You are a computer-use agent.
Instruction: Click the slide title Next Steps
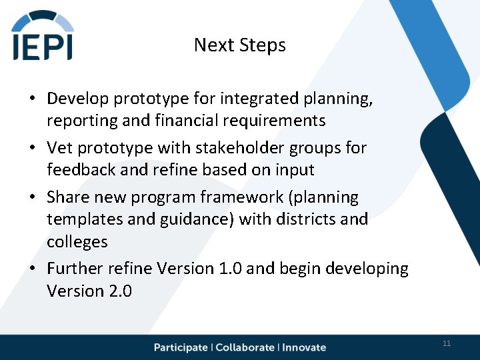(x=239, y=45)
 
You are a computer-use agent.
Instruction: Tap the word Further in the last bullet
(x=75, y=269)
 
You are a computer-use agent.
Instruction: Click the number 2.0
(x=117, y=291)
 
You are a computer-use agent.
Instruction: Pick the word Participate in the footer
(x=181, y=347)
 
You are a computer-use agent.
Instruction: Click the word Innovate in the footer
(x=305, y=347)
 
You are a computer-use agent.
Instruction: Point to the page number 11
(x=447, y=343)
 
